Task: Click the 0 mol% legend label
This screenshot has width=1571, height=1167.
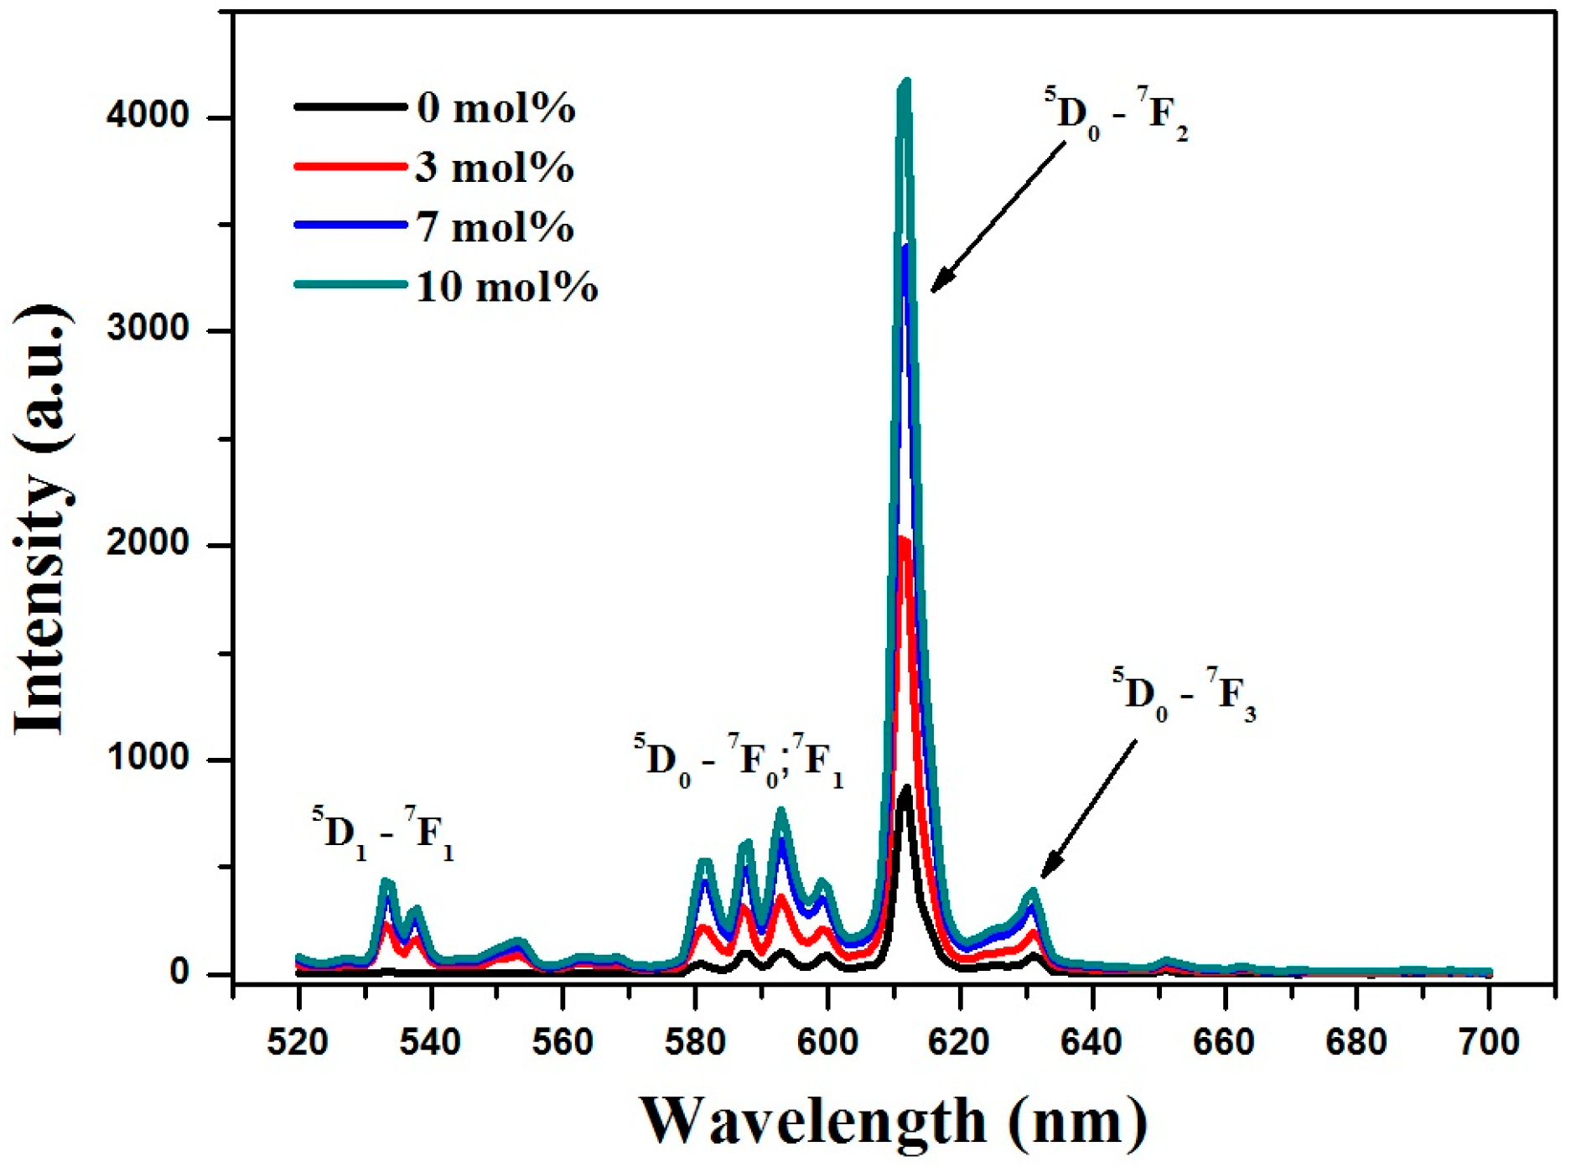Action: [495, 108]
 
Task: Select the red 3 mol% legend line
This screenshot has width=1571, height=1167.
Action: [350, 167]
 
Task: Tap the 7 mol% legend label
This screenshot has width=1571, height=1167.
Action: [495, 227]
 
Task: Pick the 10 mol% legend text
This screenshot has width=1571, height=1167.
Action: [506, 287]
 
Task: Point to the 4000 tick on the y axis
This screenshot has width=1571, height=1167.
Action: [148, 116]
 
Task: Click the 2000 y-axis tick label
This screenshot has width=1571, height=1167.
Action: [148, 544]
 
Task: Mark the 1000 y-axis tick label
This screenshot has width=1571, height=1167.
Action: [148, 758]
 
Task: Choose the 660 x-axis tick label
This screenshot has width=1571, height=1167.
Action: [1225, 1042]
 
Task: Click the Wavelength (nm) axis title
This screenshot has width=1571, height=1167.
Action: [893, 1121]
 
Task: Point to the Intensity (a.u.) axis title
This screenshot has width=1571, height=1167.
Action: [42, 520]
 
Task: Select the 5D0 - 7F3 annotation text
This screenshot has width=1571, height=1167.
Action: [1183, 695]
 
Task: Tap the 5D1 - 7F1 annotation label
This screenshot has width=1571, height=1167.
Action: [383, 834]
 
